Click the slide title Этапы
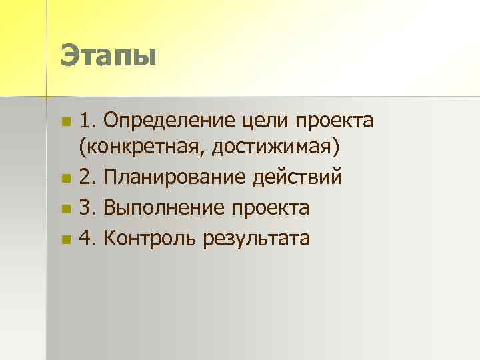coord(107,55)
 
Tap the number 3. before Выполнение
coord(87,208)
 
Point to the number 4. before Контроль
coord(87,238)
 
